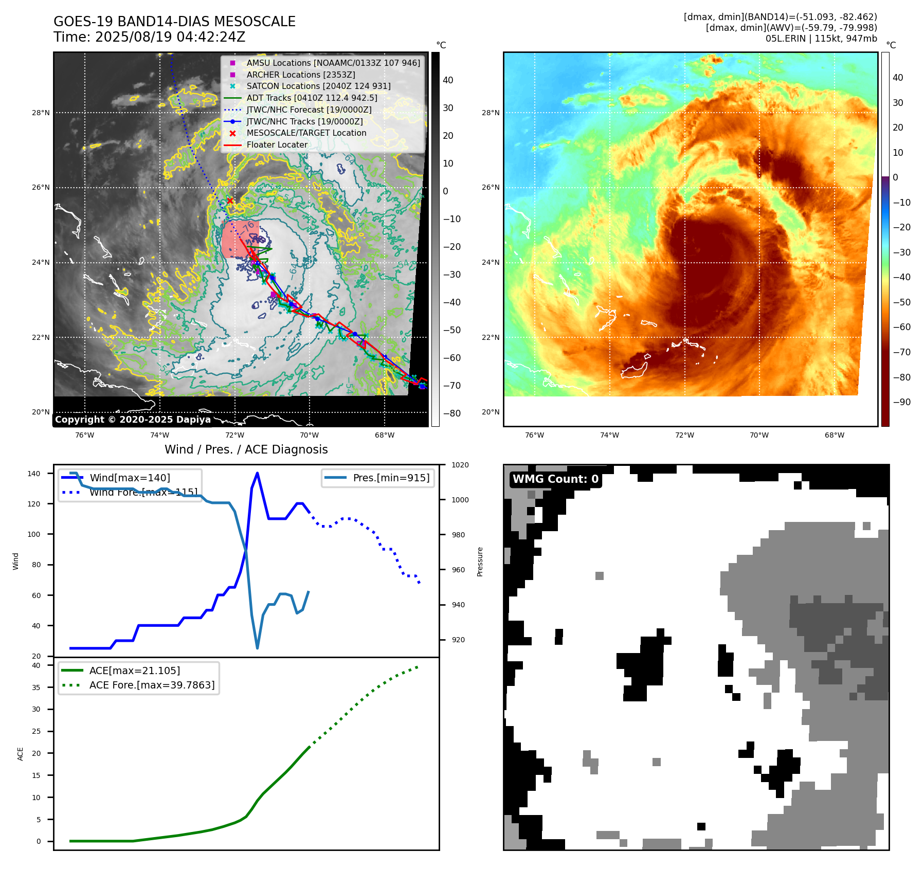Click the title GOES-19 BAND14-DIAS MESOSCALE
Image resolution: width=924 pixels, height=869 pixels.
[x=174, y=22]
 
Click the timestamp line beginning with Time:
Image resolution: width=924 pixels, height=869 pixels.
[x=149, y=37]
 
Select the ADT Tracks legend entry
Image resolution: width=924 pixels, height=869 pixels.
[x=312, y=98]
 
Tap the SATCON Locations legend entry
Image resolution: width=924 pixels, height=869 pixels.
[x=318, y=86]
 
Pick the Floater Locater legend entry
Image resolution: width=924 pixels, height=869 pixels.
[x=277, y=144]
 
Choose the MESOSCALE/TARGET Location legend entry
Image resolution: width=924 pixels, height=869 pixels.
[x=306, y=133]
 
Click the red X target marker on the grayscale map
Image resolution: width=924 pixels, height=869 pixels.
[x=230, y=201]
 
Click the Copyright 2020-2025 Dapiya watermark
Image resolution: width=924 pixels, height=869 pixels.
[x=133, y=420]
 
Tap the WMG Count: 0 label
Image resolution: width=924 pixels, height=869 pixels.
[x=555, y=479]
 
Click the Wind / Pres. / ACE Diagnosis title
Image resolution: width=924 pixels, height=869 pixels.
[x=246, y=449]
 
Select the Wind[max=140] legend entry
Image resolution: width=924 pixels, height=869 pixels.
[x=130, y=478]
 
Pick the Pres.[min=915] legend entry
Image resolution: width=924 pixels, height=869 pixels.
[x=391, y=478]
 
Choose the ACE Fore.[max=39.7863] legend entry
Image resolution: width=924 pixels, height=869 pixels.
[x=152, y=685]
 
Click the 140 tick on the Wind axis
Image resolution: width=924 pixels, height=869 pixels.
[x=34, y=474]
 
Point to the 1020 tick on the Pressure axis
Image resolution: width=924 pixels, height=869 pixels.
[x=460, y=465]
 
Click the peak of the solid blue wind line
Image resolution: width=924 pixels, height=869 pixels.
[x=257, y=473]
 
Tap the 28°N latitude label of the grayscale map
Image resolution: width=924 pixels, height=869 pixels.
[x=41, y=113]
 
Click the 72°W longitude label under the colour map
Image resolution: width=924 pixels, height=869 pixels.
[x=684, y=435]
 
